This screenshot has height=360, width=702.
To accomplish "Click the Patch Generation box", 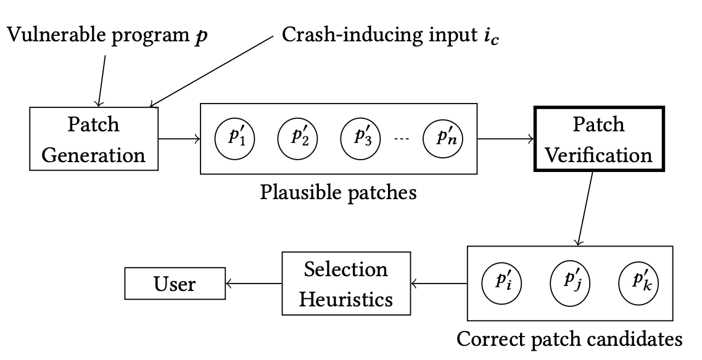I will [x=94, y=139].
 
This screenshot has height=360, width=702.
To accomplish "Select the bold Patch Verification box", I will [x=598, y=139].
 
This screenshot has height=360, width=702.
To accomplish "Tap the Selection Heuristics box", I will [x=346, y=284].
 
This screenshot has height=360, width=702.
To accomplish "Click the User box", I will [x=175, y=284].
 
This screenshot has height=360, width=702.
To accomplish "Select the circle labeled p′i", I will [x=502, y=284].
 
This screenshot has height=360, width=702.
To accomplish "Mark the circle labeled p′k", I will [x=638, y=284].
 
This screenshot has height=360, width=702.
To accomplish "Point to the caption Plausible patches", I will [x=338, y=192].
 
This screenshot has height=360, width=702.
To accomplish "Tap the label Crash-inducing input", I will [x=382, y=35].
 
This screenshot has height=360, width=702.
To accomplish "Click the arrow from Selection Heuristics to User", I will [x=253, y=284].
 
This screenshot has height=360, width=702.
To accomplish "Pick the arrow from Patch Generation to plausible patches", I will [x=180, y=139].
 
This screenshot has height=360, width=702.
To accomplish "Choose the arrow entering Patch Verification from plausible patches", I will [x=505, y=139].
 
